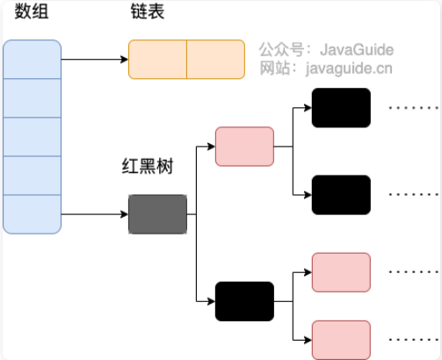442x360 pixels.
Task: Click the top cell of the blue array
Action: coord(33,60)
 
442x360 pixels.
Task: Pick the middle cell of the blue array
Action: coord(33,137)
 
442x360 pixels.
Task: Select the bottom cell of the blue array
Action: coord(33,213)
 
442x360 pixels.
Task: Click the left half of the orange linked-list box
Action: coord(157,60)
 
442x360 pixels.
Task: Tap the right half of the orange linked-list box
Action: coord(215,60)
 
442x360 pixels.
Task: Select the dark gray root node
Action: coord(157,214)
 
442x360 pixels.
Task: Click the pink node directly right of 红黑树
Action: coord(244,147)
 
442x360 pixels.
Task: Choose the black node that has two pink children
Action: coord(244,301)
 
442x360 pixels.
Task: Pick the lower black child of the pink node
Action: coord(341,194)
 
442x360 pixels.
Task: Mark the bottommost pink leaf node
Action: coord(341,339)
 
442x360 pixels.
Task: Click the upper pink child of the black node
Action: coord(341,271)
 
